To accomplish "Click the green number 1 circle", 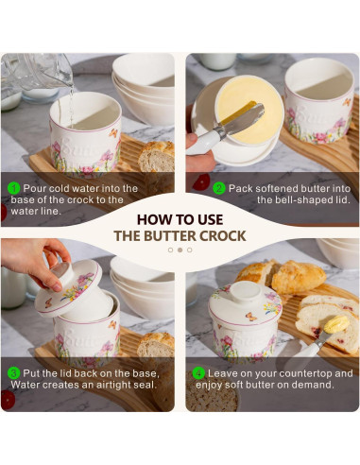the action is [x=13, y=188].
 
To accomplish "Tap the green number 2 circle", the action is [x=219, y=188].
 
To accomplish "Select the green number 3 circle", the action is [x=13, y=373].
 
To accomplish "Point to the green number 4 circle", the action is [x=198, y=373].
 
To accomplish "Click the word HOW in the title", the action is [x=151, y=219].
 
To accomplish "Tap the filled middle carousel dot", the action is [x=180, y=250].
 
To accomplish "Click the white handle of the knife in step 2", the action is [x=204, y=143].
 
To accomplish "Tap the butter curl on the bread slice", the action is [x=336, y=324].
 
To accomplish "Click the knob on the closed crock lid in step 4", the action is [x=246, y=291].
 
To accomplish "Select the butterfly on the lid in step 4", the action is [x=251, y=317].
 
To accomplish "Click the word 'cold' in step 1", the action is [x=60, y=188].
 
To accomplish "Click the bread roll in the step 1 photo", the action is [x=157, y=157].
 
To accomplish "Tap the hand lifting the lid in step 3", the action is [x=35, y=263].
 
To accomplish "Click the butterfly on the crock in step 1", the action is [x=113, y=133].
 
